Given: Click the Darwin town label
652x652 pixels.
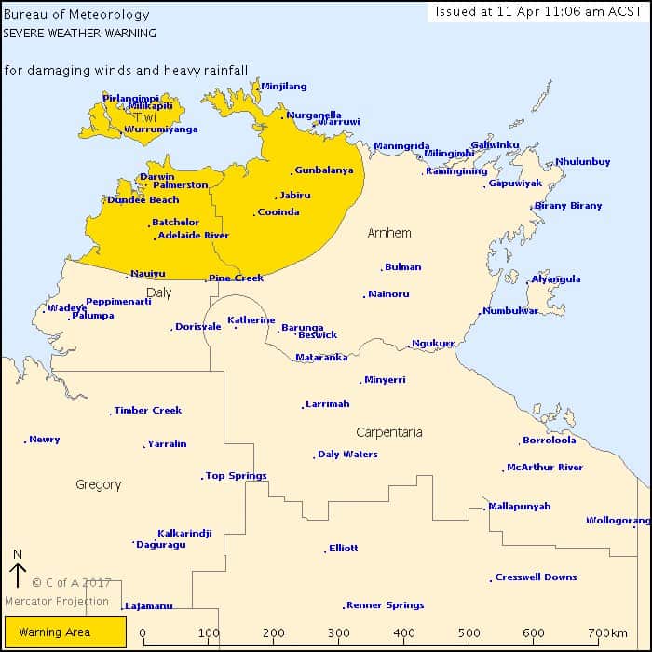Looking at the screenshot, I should pos(157,177).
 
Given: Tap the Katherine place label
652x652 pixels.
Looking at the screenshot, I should pos(251,320).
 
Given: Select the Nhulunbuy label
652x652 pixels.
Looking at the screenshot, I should pos(583,162).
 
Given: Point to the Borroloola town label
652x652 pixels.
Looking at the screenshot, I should pos(549,441).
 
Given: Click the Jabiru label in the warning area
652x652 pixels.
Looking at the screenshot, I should pos(295,196).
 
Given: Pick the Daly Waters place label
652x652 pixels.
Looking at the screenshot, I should pos(347,455).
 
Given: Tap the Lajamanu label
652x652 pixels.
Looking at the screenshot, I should pos(149,606).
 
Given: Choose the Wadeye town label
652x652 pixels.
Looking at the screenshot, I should pos(67,307).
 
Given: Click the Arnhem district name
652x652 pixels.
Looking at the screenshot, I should pos(389,233).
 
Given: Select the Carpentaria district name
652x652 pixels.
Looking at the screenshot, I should pos(389,432).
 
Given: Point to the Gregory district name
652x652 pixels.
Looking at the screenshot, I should pos(99,484).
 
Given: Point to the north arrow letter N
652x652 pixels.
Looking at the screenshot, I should pos(18,553).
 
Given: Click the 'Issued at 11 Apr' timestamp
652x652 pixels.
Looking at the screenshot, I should pos(538,11).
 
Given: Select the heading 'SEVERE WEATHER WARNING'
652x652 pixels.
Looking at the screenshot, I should pos(79,32).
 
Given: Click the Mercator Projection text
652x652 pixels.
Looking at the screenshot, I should pos(57,602).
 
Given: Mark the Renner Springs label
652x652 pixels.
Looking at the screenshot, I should pos(385,605).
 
